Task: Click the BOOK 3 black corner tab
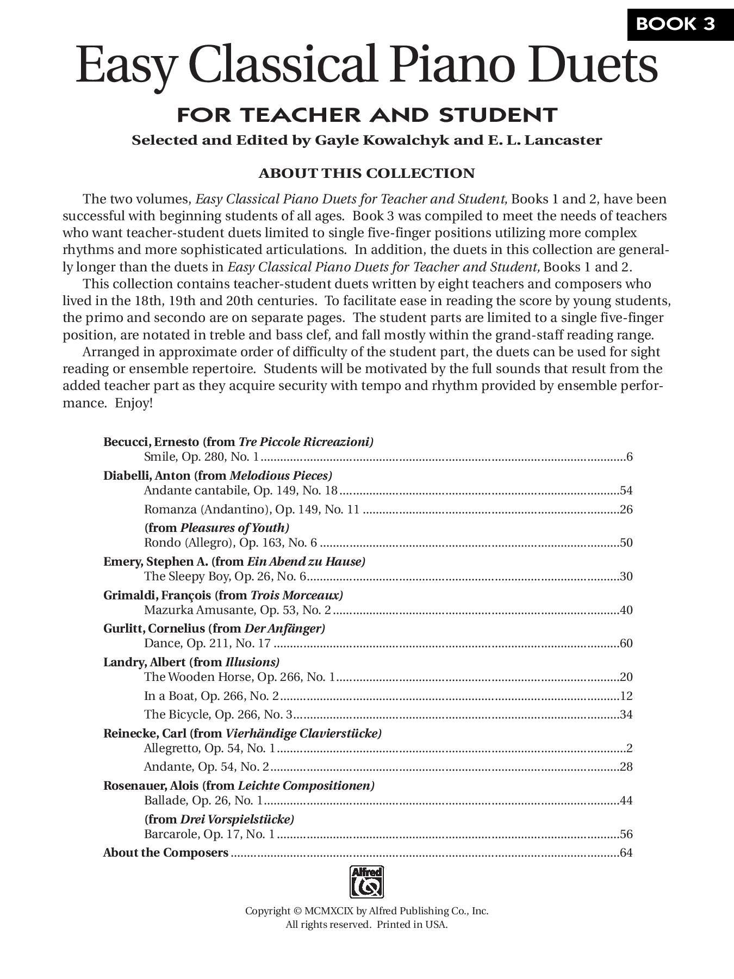(680, 24)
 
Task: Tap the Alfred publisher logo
(366, 882)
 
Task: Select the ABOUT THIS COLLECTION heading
(366, 174)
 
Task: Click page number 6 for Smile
(629, 457)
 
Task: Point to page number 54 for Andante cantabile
(626, 491)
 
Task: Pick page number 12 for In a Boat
(626, 696)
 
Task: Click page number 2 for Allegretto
(629, 748)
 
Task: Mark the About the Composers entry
(166, 853)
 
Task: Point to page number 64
(626, 853)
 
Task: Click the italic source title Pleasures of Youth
(234, 528)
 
